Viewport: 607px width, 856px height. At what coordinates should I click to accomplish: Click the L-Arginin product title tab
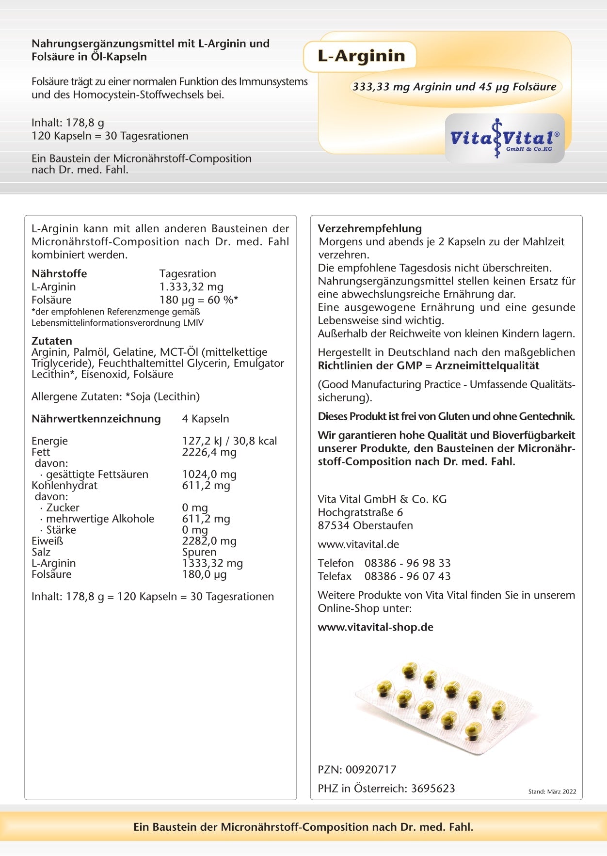pyautogui.click(x=361, y=56)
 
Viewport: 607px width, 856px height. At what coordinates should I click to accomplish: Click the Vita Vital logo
pyautogui.click(x=505, y=139)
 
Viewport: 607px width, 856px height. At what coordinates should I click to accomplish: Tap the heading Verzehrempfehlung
pyautogui.click(x=369, y=228)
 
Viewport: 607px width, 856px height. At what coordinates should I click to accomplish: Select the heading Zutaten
pyautogui.click(x=51, y=341)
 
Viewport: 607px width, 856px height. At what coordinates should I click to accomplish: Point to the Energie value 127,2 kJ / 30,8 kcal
pyautogui.click(x=229, y=441)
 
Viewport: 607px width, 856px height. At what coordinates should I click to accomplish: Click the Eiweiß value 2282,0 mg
pyautogui.click(x=209, y=541)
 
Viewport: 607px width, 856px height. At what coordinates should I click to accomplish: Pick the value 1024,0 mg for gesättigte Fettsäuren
pyautogui.click(x=209, y=475)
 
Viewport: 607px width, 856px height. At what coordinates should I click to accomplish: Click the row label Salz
pyautogui.click(x=41, y=552)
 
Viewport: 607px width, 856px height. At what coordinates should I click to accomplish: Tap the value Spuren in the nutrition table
pyautogui.click(x=199, y=552)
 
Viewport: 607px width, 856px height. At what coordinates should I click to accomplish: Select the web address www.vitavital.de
pyautogui.click(x=358, y=544)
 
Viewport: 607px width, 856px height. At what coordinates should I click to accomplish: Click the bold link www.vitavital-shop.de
pyautogui.click(x=375, y=627)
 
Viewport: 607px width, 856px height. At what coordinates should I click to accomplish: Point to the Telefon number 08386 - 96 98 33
pyautogui.click(x=407, y=563)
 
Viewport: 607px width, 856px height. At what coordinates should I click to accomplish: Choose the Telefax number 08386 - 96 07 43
pyautogui.click(x=407, y=576)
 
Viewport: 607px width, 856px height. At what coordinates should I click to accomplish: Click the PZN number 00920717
pyautogui.click(x=371, y=770)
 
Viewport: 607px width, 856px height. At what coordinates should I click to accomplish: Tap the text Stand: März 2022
pyautogui.click(x=552, y=792)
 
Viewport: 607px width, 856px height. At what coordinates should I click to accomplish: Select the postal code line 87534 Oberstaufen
pyautogui.click(x=365, y=525)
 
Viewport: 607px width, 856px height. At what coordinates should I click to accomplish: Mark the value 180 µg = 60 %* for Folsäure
pyautogui.click(x=198, y=300)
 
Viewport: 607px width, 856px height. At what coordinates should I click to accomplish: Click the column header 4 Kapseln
pyautogui.click(x=205, y=419)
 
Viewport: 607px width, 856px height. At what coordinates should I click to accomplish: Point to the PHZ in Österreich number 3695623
pyautogui.click(x=432, y=789)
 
